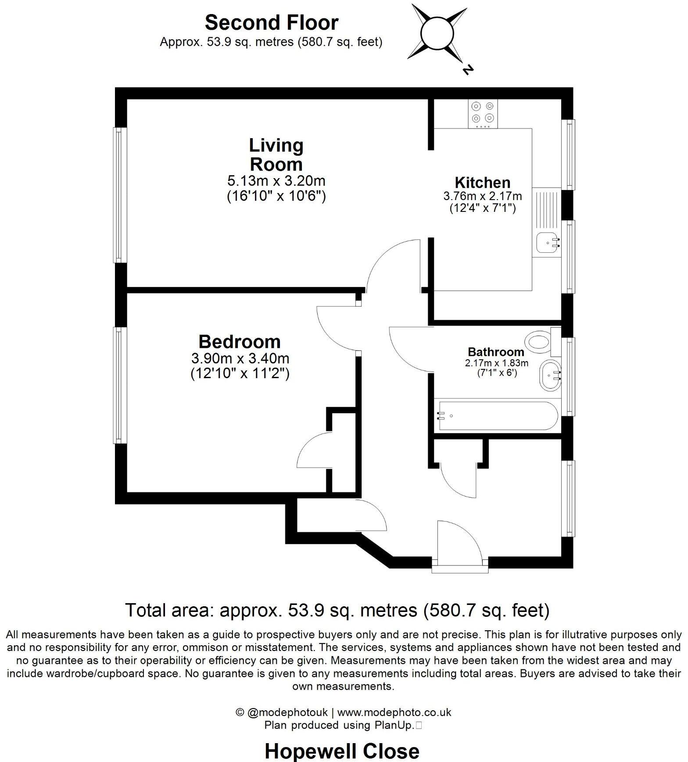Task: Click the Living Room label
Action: coord(276,155)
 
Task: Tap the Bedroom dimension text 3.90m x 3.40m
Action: coord(240,358)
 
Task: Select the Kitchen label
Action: coord(482,182)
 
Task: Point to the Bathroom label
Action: coord(496,352)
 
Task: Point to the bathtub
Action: coord(496,415)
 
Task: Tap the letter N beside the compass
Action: coord(469,69)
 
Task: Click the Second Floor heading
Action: coord(271,22)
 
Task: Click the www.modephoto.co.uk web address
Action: coord(394,712)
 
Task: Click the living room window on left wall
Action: coord(120,195)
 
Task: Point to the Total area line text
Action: coord(337,610)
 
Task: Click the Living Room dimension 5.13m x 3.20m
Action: coord(276,180)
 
